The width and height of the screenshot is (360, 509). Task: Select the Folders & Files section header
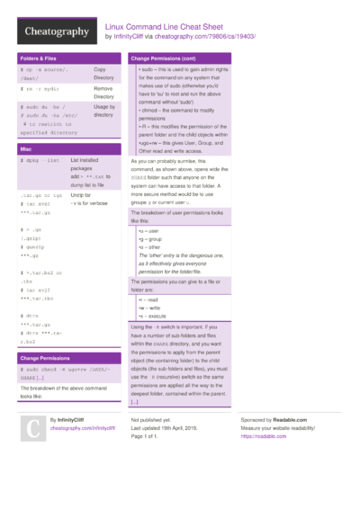[40, 58]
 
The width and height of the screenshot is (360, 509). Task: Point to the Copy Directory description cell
[106, 74]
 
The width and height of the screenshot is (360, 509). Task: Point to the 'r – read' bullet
[149, 299]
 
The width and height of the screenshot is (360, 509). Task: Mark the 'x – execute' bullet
[154, 316]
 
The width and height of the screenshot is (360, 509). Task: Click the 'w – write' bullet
[150, 308]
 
